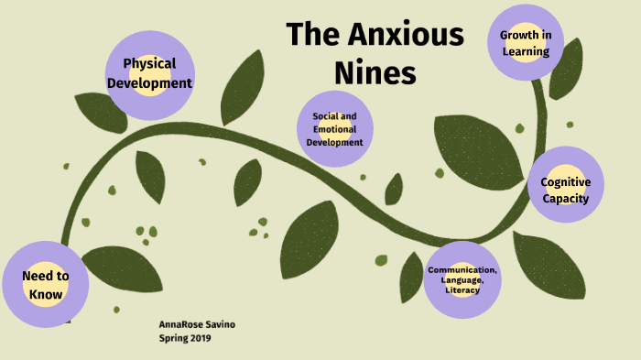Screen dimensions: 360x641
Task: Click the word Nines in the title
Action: pos(375,71)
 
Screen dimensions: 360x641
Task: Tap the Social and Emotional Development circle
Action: pos(335,129)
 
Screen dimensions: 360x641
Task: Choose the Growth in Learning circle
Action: pos(525,43)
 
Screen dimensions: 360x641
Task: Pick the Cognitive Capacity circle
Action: pos(565,191)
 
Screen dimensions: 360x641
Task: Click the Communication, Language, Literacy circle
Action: pos(462,280)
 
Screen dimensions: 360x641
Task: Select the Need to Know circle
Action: pos(45,285)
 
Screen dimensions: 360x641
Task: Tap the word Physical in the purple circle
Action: pos(149,65)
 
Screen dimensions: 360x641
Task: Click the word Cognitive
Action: pos(565,182)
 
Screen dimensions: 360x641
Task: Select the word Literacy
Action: pos(462,290)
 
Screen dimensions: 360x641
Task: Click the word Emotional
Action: pos(335,129)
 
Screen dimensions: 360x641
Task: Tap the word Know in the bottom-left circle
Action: pos(45,294)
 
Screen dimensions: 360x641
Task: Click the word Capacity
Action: pos(565,199)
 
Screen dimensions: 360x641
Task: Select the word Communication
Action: pos(462,270)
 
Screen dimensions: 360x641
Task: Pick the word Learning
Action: pos(525,51)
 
